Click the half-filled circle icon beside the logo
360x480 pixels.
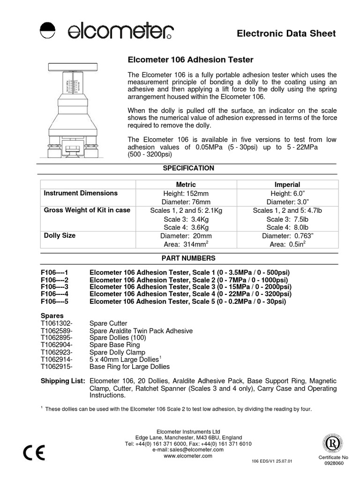click(x=48, y=30)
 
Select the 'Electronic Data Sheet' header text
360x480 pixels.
click(x=286, y=33)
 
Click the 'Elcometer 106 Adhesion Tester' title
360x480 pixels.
click(x=191, y=60)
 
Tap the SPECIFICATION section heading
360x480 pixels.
click(x=188, y=168)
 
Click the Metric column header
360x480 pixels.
click(x=186, y=185)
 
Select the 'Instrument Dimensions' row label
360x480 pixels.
click(x=81, y=193)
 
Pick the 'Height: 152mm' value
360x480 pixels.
click(x=186, y=194)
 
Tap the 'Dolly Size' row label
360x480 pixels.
click(x=60, y=235)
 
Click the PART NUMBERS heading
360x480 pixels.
click(x=188, y=258)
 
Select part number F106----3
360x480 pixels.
click(x=55, y=287)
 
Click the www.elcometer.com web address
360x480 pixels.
click(x=188, y=456)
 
